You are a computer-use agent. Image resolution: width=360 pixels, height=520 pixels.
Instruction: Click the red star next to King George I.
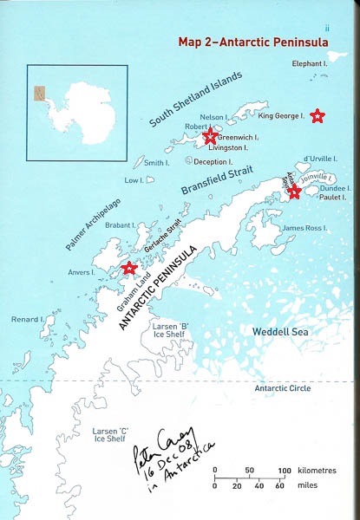point(317,114)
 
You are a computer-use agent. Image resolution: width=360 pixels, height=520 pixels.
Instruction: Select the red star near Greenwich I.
point(209,137)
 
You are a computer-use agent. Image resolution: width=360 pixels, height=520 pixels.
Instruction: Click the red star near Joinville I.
point(295,191)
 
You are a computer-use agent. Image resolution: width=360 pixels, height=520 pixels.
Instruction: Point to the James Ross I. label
point(304,228)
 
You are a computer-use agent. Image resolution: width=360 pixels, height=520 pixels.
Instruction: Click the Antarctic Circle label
point(282,389)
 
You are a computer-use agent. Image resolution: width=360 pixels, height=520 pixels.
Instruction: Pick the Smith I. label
point(157,162)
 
